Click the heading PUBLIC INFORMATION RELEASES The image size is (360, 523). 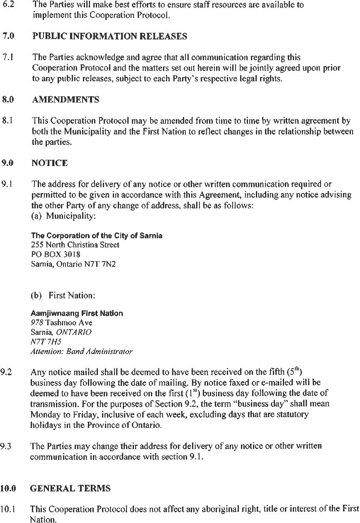coord(109,37)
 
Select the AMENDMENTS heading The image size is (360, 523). coord(66,100)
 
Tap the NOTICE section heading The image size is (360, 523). coord(49,163)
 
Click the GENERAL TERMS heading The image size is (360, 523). coord(70,489)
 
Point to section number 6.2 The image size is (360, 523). coord(8,5)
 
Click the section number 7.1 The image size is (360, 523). coord(8,57)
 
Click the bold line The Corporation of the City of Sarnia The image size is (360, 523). coord(97,236)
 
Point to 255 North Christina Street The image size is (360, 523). coord(75,245)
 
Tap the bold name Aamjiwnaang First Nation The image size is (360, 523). coord(77,313)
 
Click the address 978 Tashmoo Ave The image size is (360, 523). coord(61,323)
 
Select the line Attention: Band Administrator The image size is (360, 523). coord(81,352)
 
